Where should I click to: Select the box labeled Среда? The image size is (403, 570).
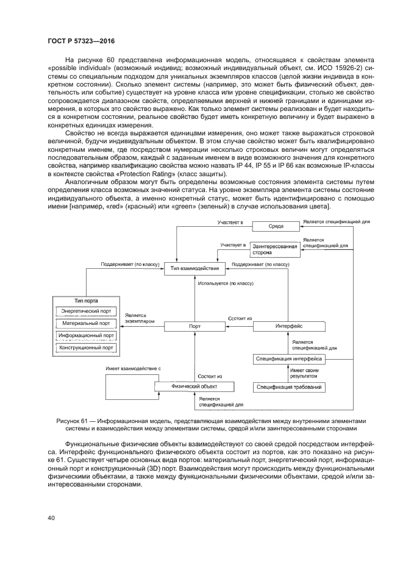point(276,226)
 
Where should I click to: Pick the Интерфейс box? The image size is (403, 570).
point(286,326)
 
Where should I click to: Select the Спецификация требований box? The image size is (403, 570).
point(289,387)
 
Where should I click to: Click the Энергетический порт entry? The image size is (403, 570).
point(86,311)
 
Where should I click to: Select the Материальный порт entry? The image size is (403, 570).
point(86,323)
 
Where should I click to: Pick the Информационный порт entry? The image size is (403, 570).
point(86,335)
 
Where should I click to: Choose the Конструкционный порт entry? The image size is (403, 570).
point(86,347)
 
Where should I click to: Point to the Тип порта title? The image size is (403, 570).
point(86,301)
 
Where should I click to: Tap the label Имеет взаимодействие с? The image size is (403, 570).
point(133,369)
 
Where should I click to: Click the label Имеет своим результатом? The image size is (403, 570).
point(303,373)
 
